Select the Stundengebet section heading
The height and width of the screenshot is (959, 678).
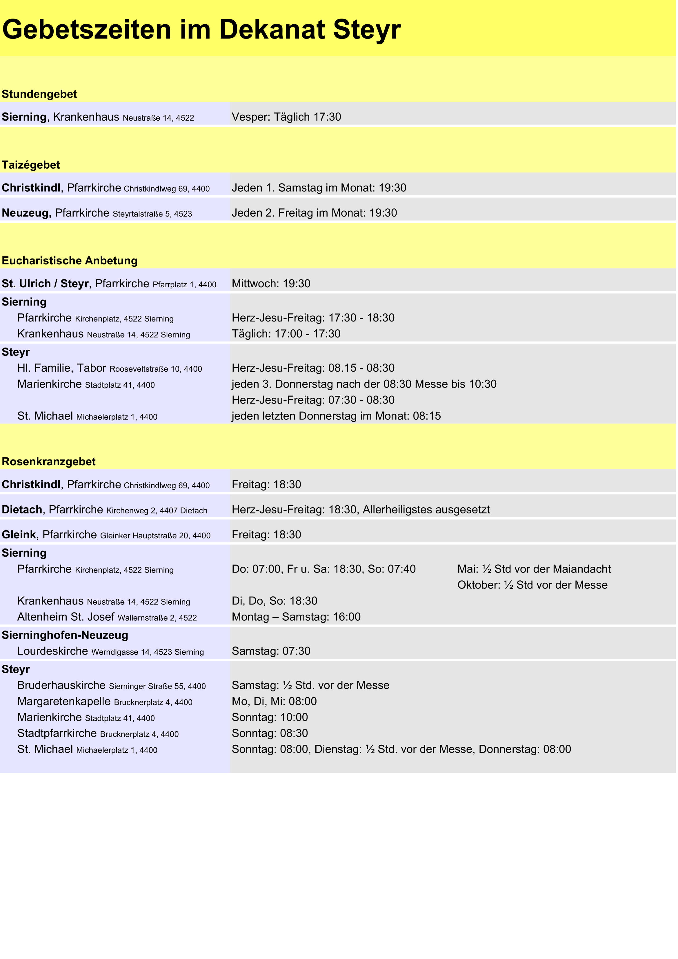pyautogui.click(x=39, y=95)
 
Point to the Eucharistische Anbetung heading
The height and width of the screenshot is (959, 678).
pyautogui.click(x=70, y=261)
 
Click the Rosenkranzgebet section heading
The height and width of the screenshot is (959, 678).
pyautogui.click(x=49, y=462)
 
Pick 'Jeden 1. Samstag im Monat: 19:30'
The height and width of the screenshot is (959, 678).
pyautogui.click(x=319, y=188)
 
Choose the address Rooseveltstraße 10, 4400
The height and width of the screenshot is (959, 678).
pyautogui.click(x=155, y=369)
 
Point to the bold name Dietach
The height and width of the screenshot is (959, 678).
pyautogui.click(x=22, y=510)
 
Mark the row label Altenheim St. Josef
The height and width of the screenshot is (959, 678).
pyautogui.click(x=66, y=617)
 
